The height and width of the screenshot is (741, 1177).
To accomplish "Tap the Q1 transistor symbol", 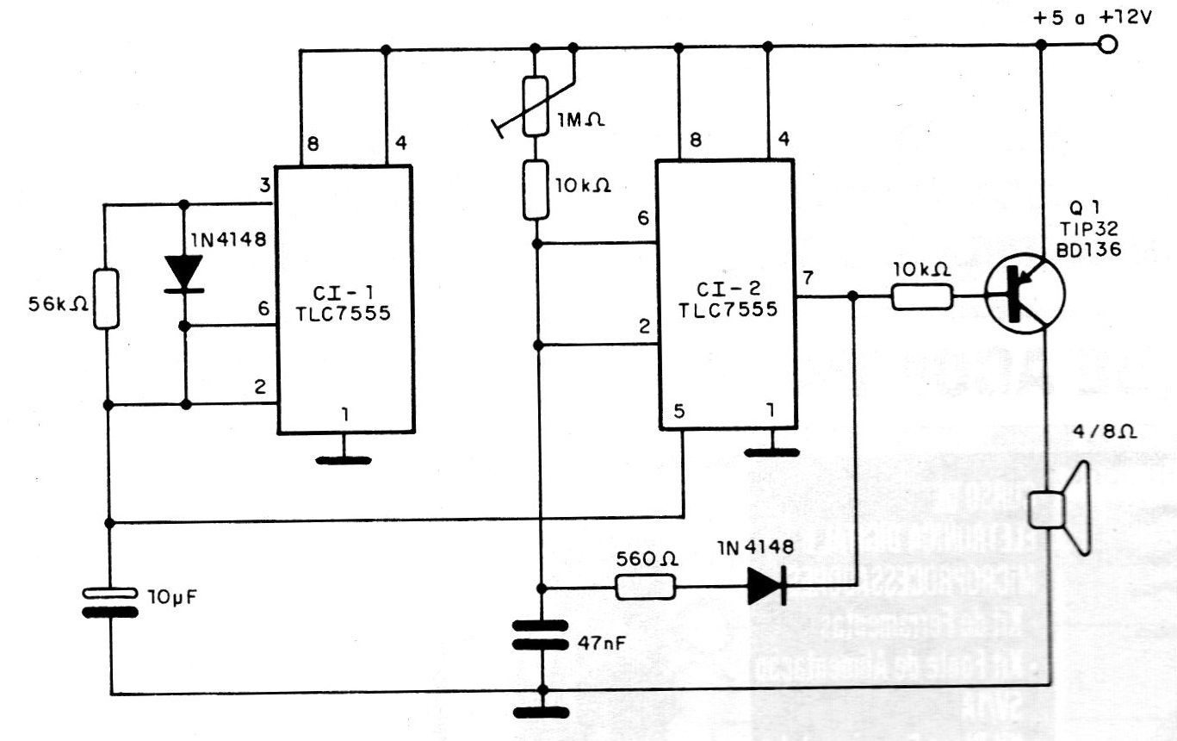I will point(1025,293).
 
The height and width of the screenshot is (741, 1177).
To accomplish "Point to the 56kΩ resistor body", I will point(106,298).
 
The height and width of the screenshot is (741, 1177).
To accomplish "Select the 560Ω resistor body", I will point(645,588).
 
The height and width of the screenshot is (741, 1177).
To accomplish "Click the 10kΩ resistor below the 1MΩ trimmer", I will point(535,188).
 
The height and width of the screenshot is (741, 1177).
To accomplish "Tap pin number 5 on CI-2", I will point(680,412).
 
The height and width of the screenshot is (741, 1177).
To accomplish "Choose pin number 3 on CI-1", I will point(263,184).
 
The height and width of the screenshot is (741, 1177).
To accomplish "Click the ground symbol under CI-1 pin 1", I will point(344,458).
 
